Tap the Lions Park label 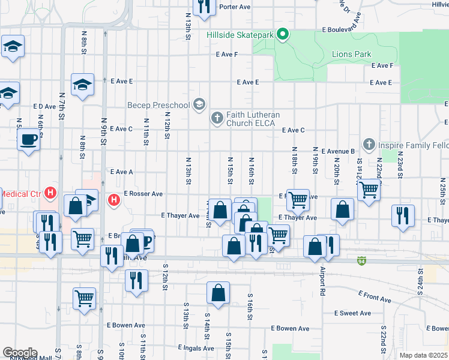(x=352, y=54)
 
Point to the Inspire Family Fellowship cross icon (x=369, y=145)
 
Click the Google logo (x=20, y=353)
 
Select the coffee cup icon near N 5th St (x=29, y=140)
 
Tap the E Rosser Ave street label (x=143, y=194)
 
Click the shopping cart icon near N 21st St (x=369, y=190)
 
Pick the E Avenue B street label (x=338, y=151)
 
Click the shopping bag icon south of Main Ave (x=218, y=293)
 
